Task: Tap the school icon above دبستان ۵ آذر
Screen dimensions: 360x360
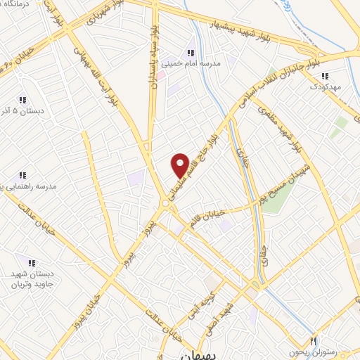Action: pyautogui.click(x=22, y=100)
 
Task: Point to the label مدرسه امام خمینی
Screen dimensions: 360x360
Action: pyautogui.click(x=191, y=63)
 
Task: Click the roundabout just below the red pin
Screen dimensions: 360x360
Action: pyautogui.click(x=165, y=203)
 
